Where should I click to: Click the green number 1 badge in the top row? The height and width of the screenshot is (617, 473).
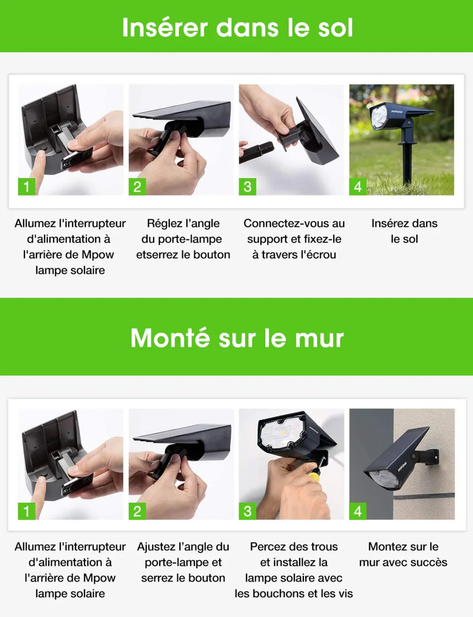[26, 187]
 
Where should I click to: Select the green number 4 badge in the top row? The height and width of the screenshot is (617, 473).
[357, 187]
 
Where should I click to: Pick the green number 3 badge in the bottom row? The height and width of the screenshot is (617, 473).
[247, 511]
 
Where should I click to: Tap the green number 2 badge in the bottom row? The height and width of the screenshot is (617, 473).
[137, 511]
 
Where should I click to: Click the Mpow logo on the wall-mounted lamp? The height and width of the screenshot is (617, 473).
[402, 466]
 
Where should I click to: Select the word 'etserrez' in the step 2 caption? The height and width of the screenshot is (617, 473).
[156, 255]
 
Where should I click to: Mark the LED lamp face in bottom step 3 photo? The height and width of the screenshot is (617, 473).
[279, 434]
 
